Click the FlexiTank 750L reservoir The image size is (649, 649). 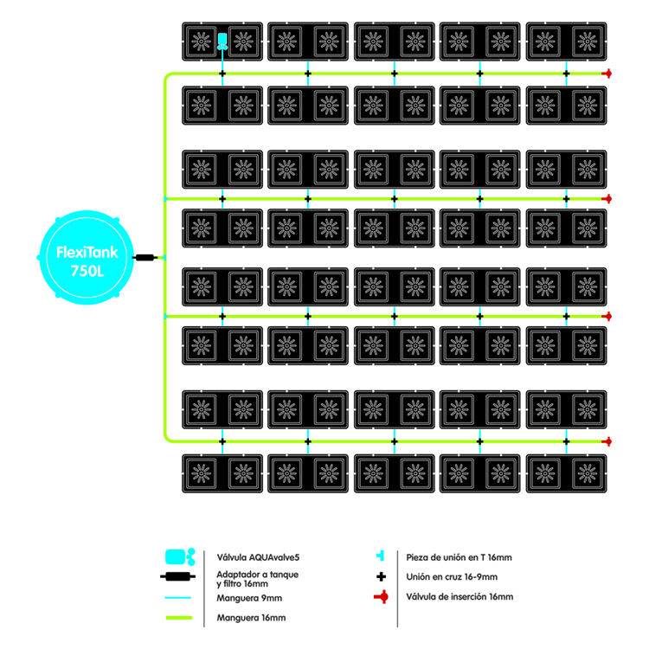coord(87,257)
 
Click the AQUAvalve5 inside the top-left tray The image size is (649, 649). coord(222,40)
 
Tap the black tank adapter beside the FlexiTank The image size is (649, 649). coord(145,257)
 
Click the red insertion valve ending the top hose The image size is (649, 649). coord(608,74)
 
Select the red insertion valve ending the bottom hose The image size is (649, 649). coord(608,440)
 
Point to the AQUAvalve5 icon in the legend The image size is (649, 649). coord(179,556)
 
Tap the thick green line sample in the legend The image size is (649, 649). coord(178,618)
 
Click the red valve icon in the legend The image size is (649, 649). coord(379,597)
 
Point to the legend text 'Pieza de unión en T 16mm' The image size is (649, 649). coord(459,556)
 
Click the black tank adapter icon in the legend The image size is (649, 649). coord(178,578)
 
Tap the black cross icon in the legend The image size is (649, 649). coord(380,576)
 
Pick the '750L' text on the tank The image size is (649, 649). coord(87,270)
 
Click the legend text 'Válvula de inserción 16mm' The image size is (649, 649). coord(459,597)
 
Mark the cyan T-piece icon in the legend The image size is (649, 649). coord(380,556)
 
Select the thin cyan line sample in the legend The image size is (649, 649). coord(178,598)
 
